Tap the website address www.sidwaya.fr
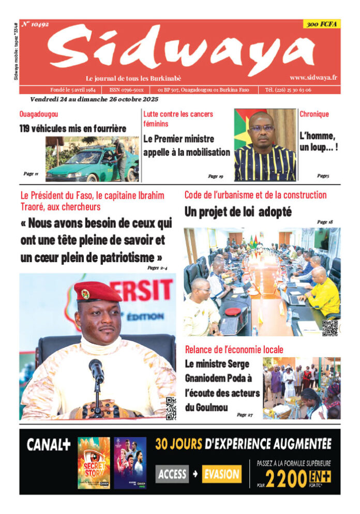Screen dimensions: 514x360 (313, 78)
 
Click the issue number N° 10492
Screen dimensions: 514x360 (36, 24)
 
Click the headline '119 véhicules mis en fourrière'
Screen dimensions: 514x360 (73, 129)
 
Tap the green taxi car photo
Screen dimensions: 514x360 (92, 160)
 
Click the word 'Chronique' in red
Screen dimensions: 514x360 (314, 114)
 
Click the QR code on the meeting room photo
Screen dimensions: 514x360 (329, 327)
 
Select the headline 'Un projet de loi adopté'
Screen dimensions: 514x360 (238, 211)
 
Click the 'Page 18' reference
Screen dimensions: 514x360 (325, 222)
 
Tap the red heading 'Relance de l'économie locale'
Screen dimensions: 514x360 (234, 350)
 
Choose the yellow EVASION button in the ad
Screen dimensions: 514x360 (221, 473)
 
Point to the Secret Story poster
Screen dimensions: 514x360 (94, 463)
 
